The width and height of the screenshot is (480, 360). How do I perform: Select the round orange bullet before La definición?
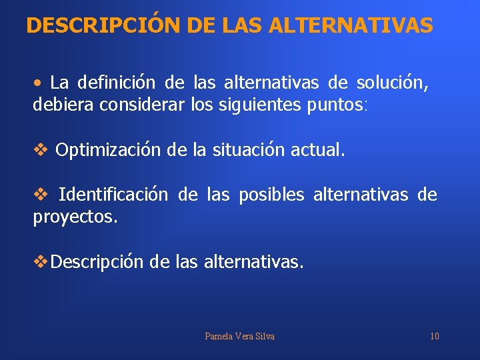click(x=39, y=83)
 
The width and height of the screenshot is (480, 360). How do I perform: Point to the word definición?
click(x=117, y=83)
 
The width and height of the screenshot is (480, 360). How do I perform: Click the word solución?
click(x=392, y=83)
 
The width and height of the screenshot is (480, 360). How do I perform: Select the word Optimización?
click(x=108, y=150)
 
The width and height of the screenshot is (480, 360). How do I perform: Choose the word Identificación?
click(x=113, y=195)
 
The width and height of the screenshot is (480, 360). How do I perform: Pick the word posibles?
click(x=271, y=195)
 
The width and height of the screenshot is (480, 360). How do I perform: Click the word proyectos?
click(x=75, y=217)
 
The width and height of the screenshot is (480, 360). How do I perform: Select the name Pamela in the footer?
click(x=219, y=336)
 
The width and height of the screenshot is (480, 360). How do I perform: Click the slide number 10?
click(x=435, y=336)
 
